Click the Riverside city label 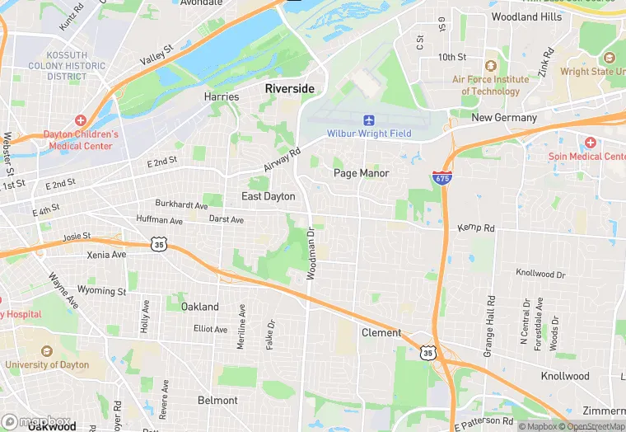pos(289,88)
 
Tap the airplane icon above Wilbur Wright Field pos(368,120)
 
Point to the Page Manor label pos(361,173)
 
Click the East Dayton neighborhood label pos(268,196)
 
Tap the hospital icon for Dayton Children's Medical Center pos(81,120)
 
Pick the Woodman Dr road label pos(311,254)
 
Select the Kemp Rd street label pos(475,227)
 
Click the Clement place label pos(381,333)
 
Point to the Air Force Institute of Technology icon pos(491,66)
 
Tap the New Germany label pos(504,118)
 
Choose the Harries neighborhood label pos(222,96)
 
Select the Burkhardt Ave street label pos(182,204)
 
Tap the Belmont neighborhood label pos(217,401)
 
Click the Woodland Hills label pos(526,16)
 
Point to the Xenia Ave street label pos(107,256)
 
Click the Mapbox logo pos(37,421)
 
